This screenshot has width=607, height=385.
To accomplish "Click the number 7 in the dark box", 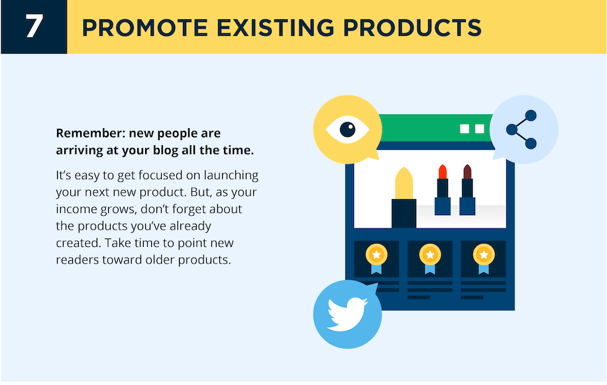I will coord(34,27).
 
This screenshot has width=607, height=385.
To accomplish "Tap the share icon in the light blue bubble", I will coord(522,129).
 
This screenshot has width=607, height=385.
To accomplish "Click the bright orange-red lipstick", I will coord(443,189).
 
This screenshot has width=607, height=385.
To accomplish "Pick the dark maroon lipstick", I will coord(467,189).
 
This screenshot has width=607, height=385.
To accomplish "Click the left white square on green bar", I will coord(465,129).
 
